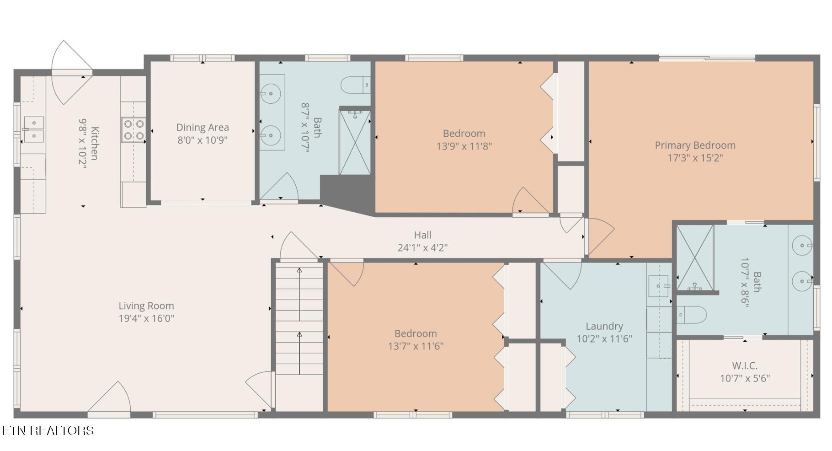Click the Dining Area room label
[203, 128]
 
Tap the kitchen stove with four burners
[133, 129]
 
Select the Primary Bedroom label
[695, 145]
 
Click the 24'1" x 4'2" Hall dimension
[422, 248]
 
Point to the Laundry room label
[604, 327]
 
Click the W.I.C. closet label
[745, 366]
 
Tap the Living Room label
[146, 306]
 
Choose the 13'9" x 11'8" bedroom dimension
[464, 146]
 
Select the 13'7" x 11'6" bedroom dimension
[416, 346]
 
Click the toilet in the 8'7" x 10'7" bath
[355, 85]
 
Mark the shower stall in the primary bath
[695, 258]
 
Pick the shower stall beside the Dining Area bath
[355, 142]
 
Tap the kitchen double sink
[34, 129]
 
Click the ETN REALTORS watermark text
[48, 430]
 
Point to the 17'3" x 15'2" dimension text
[695, 158]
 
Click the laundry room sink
[659, 286]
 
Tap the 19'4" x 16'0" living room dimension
[146, 319]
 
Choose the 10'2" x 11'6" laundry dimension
[604, 339]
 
